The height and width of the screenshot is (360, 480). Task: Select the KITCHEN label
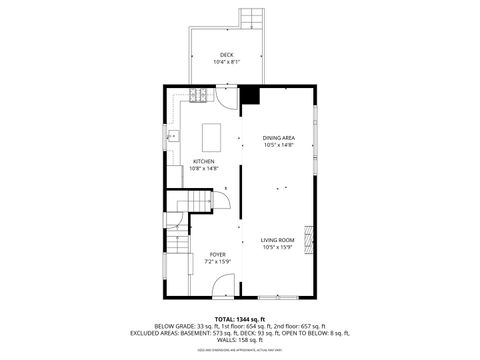(x=203, y=161)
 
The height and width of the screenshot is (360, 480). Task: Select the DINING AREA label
(x=279, y=137)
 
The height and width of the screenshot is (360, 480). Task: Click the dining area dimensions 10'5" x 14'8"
(x=279, y=145)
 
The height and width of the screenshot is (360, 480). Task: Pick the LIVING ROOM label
(x=277, y=240)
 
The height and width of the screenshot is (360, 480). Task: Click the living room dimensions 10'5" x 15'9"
(x=277, y=248)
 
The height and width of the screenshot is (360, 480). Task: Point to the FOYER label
(x=216, y=254)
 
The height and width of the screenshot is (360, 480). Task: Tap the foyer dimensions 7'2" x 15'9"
(x=216, y=262)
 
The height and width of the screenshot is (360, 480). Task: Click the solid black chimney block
(x=249, y=96)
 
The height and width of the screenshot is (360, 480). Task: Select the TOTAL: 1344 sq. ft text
(x=240, y=318)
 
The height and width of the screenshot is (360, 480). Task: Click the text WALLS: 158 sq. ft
(x=240, y=339)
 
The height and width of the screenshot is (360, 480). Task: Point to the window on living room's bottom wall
(x=277, y=297)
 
